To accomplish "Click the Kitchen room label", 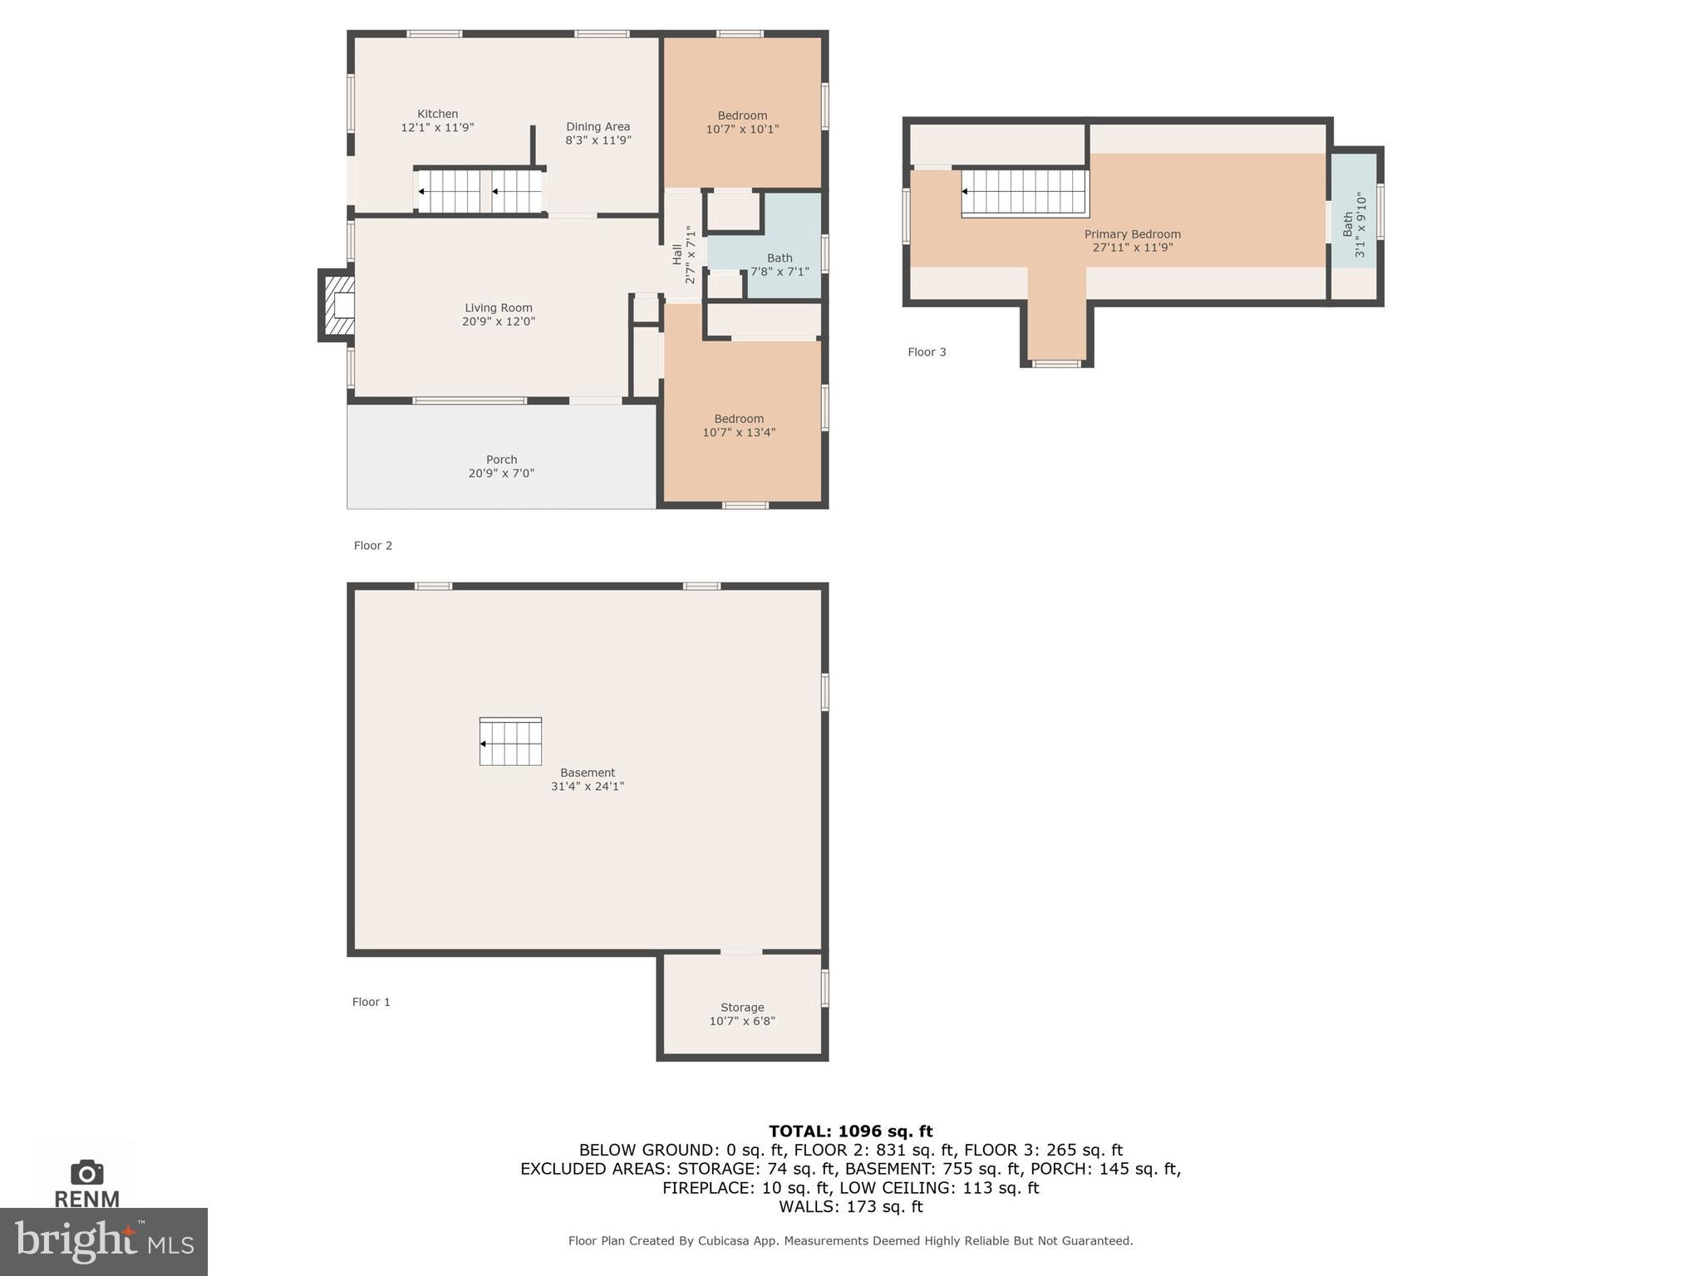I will (x=437, y=114).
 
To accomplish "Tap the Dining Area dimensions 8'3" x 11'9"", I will (x=598, y=140).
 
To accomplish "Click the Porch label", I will (x=501, y=459).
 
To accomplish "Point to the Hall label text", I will (x=677, y=254).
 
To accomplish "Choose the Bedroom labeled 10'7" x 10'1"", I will (x=742, y=122).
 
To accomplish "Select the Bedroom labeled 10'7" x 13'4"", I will (x=739, y=425).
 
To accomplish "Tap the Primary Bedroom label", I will (x=1132, y=234).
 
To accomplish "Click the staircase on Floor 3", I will (x=1025, y=192).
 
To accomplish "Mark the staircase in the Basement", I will (x=510, y=742).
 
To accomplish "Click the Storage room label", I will (x=742, y=1007).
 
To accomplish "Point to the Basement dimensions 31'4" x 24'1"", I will (x=587, y=786).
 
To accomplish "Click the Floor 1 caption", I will (x=371, y=1002).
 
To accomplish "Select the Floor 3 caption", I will (x=927, y=352).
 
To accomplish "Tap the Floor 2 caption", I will (x=372, y=546).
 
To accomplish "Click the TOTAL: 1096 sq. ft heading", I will (x=850, y=1131).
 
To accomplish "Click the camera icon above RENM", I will (x=86, y=1172).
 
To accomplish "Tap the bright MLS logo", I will (x=104, y=1241).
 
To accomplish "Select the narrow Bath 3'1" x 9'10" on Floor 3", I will (x=1354, y=224).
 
